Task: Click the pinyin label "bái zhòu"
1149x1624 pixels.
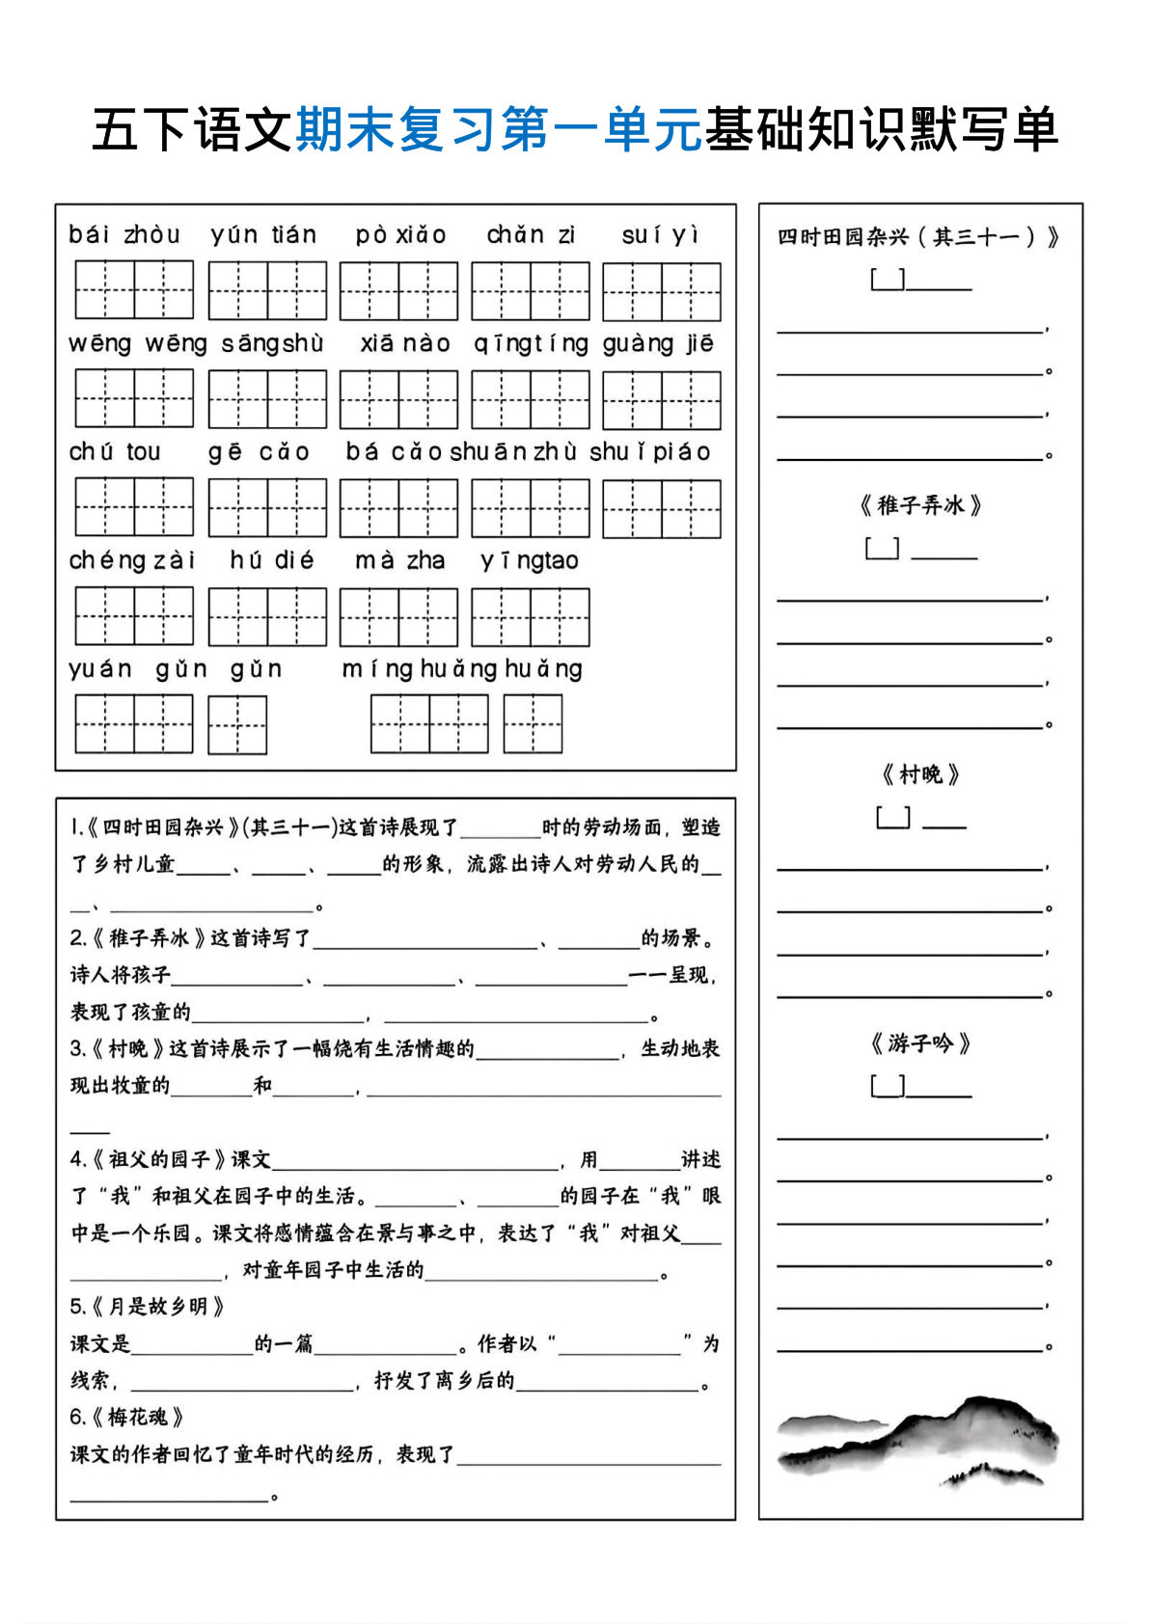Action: pyautogui.click(x=124, y=234)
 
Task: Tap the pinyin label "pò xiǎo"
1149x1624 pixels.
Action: pyautogui.click(x=400, y=234)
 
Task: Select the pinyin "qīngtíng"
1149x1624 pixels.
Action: pyautogui.click(x=531, y=343)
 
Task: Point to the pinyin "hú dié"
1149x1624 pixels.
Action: pyautogui.click(x=272, y=560)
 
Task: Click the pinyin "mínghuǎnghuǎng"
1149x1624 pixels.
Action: pyautogui.click(x=462, y=668)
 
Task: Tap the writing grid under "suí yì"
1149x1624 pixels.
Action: pyautogui.click(x=661, y=291)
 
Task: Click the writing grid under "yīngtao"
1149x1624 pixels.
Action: pyautogui.click(x=530, y=617)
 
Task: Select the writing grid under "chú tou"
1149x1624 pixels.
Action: pyautogui.click(x=134, y=507)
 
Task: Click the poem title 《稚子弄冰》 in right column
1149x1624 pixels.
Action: pyautogui.click(x=920, y=505)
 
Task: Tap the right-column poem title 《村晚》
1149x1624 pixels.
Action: pyautogui.click(x=920, y=774)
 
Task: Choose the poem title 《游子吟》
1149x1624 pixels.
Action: pyautogui.click(x=920, y=1043)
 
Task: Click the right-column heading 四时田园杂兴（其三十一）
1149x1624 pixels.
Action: pyautogui.click(x=917, y=237)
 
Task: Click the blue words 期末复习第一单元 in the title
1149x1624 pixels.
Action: pyautogui.click(x=499, y=129)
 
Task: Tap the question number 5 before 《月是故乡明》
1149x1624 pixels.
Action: pyautogui.click(x=77, y=1307)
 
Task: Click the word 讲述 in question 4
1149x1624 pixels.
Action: pyautogui.click(x=700, y=1159)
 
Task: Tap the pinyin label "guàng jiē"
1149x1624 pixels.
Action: pyautogui.click(x=659, y=343)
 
